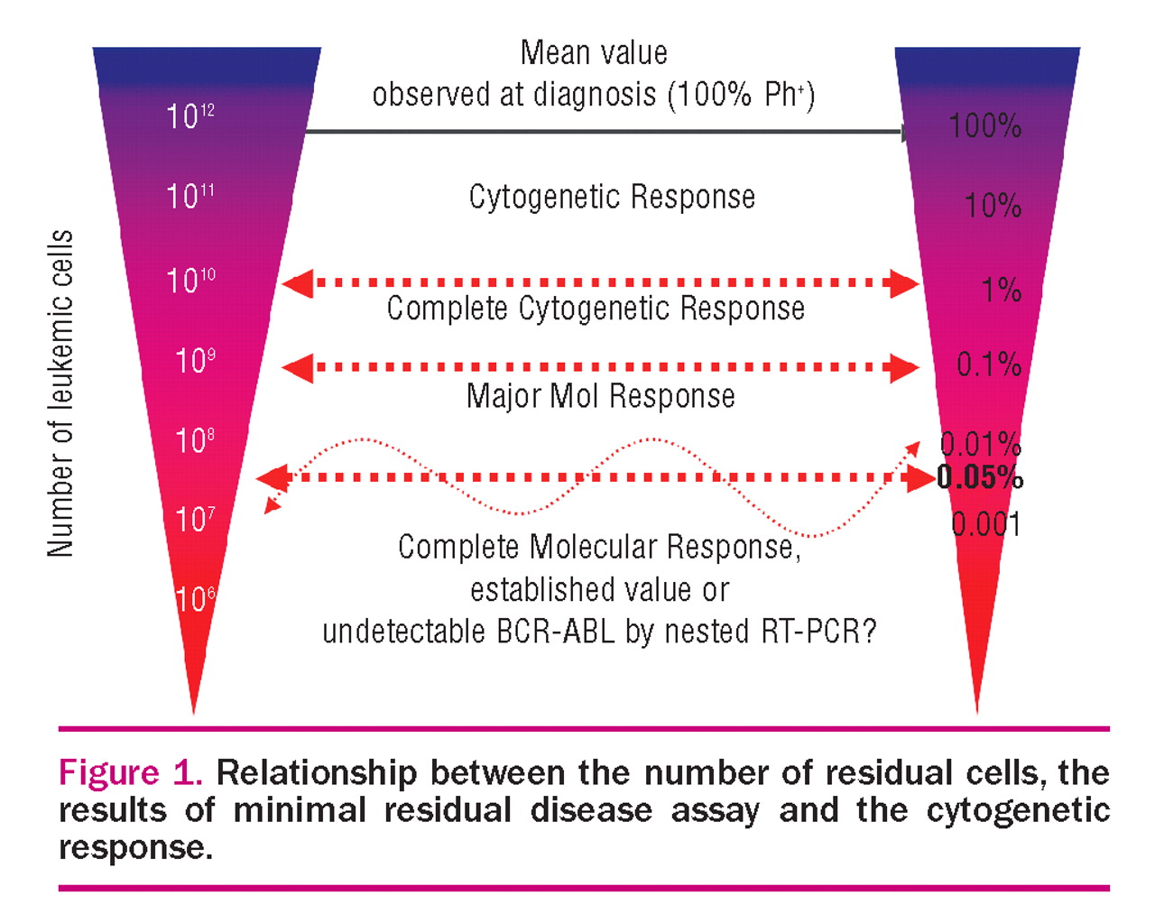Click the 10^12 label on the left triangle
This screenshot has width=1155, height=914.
point(189,115)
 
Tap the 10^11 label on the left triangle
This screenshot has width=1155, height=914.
point(189,196)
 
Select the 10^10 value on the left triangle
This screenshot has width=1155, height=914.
point(190,280)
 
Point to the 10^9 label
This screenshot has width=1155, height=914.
point(195,361)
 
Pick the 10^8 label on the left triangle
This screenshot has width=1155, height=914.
point(195,440)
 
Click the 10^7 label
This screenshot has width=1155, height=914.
point(195,519)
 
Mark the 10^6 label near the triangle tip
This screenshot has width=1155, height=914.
point(195,598)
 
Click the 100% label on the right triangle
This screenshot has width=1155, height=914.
point(984,125)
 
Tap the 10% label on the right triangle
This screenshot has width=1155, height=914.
point(993,206)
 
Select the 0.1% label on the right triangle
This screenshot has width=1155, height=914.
point(989,365)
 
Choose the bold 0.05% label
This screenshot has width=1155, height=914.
point(980,476)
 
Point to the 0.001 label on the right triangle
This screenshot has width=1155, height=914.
point(986,524)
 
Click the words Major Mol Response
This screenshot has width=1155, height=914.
point(600,396)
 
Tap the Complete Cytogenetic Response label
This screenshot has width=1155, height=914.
point(596,309)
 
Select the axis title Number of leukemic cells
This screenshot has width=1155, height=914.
point(60,393)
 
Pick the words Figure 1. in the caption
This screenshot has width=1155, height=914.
point(130,773)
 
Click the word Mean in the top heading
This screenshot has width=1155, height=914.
point(549,53)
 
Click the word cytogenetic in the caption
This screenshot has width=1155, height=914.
point(1018,810)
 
